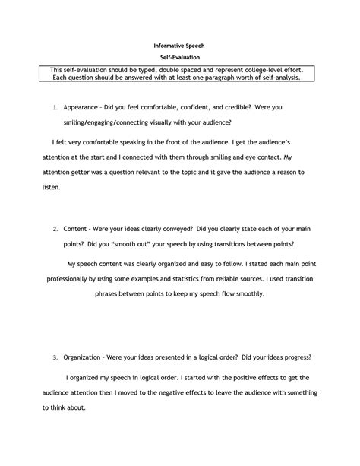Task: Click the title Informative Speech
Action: click(x=179, y=46)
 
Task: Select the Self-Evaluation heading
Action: click(x=179, y=58)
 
